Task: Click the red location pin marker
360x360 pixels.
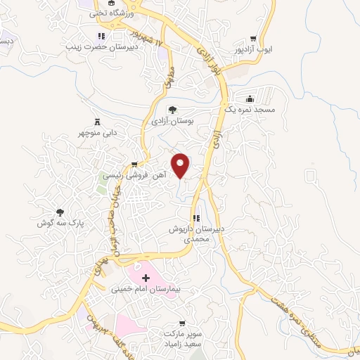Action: (x=181, y=165)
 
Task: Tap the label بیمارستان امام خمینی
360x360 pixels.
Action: (x=146, y=288)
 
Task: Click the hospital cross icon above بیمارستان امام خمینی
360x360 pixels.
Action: (x=146, y=278)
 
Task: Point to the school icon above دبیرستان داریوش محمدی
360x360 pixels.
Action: (x=197, y=219)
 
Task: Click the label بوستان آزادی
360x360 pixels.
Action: (x=172, y=121)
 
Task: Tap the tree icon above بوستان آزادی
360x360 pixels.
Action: (x=172, y=110)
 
